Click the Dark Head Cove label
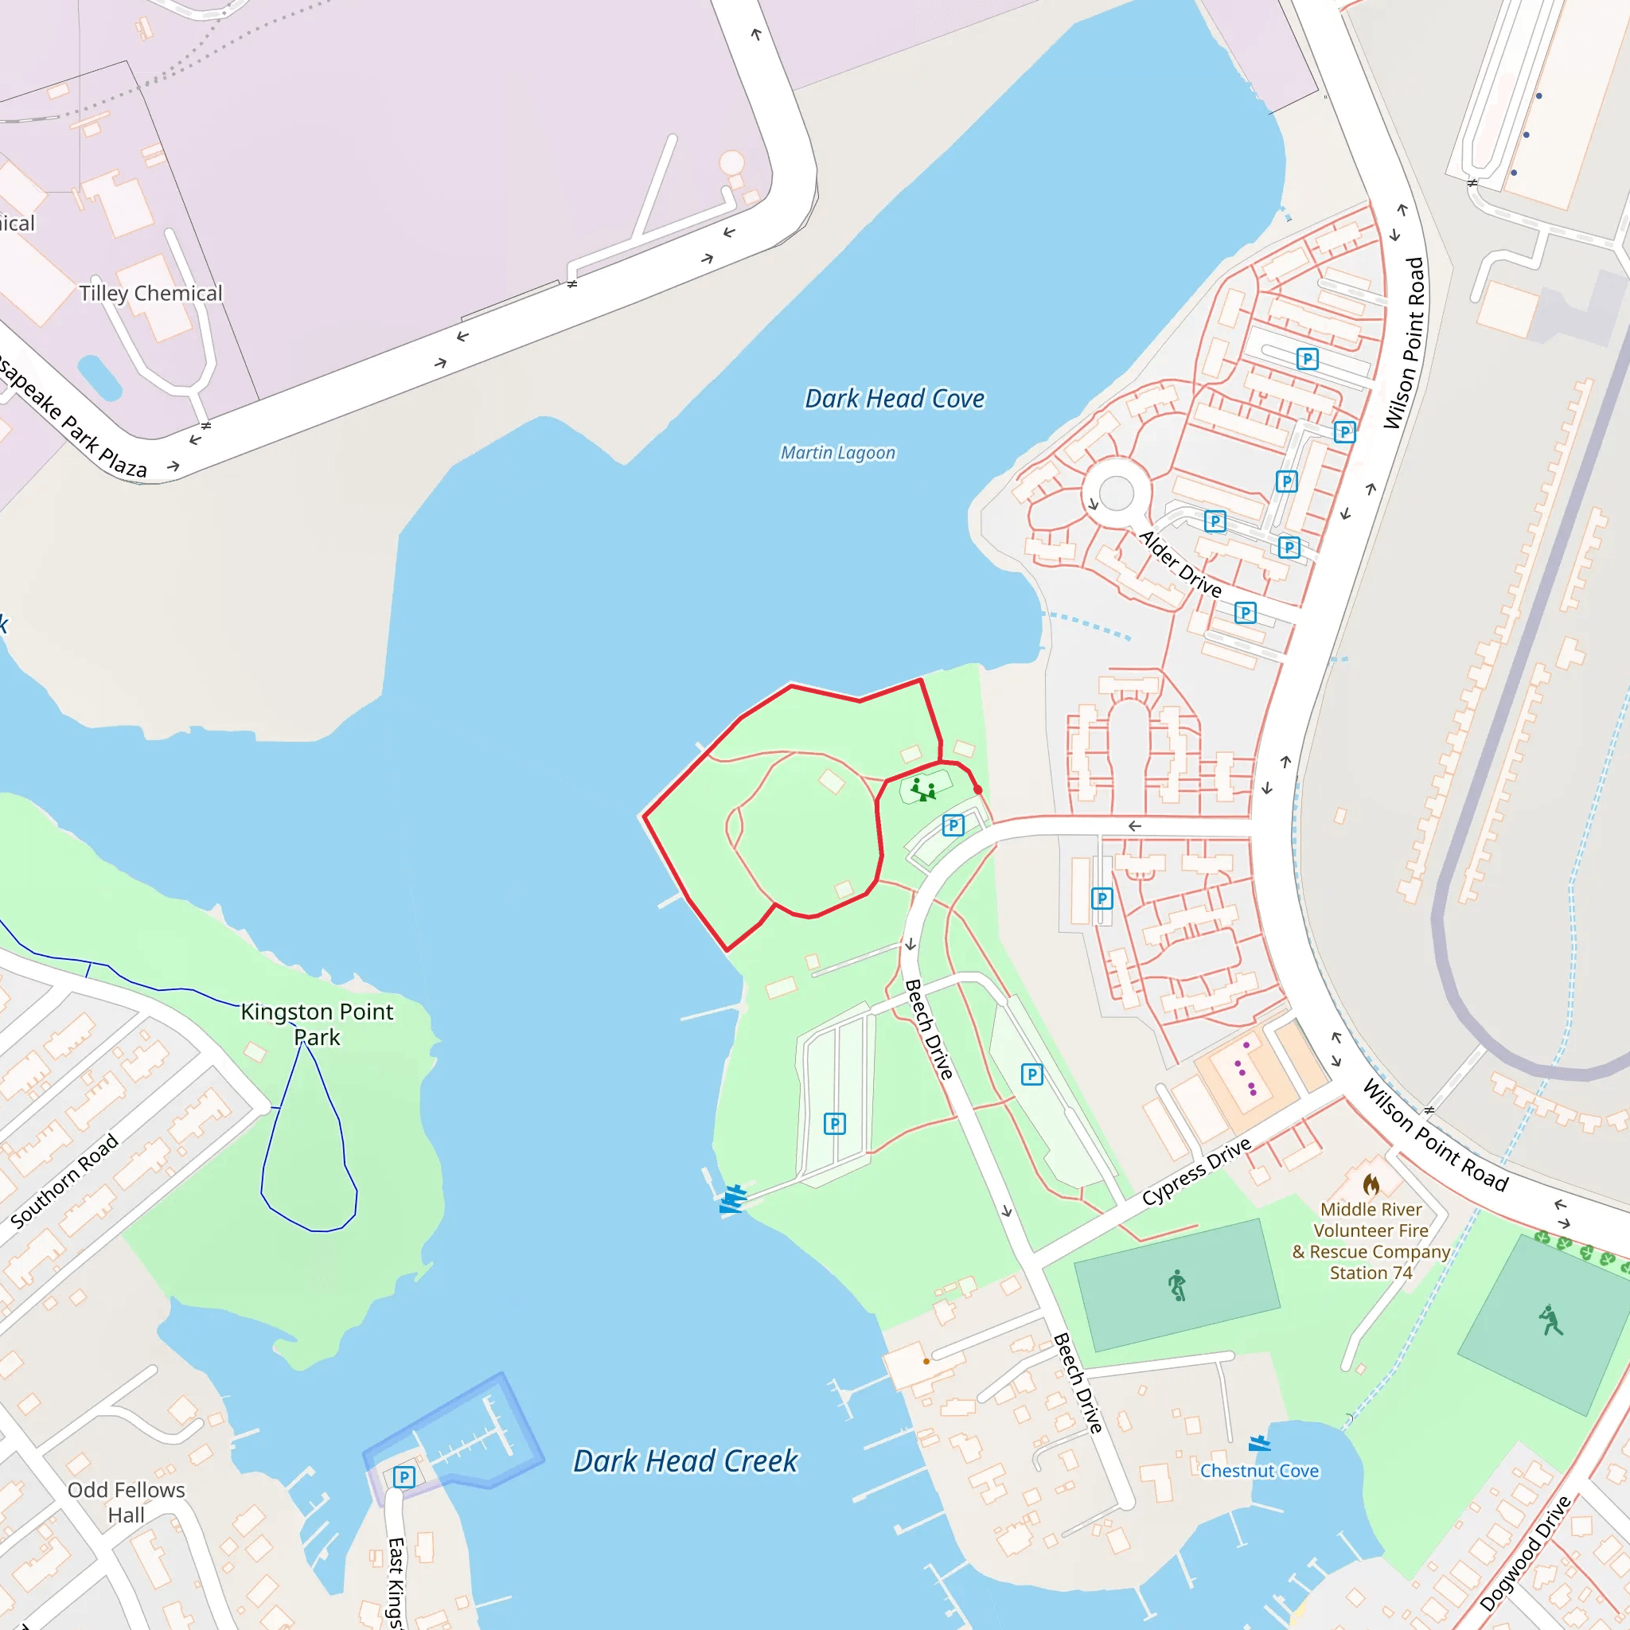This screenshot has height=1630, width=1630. (895, 398)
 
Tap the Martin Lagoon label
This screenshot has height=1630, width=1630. (838, 453)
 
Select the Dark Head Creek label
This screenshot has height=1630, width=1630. (685, 1461)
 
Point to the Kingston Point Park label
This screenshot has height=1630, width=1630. (317, 1024)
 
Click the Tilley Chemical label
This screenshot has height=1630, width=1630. (150, 293)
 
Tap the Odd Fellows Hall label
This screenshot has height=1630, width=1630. (126, 1502)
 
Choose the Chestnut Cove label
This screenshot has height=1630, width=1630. (1259, 1471)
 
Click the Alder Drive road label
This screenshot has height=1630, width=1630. (1180, 563)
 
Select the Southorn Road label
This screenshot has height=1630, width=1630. (64, 1180)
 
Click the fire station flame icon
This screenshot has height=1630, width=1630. (1371, 1184)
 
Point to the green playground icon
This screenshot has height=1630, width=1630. (923, 790)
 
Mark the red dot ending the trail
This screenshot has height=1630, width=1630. (978, 790)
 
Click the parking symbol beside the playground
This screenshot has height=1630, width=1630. (953, 825)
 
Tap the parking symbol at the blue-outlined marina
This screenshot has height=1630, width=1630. (404, 1476)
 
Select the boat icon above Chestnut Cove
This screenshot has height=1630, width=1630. (1259, 1444)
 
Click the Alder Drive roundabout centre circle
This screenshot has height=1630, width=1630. (1116, 493)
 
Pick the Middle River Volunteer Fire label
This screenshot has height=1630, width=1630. (1371, 1240)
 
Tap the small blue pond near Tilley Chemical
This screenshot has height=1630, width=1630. (99, 377)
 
